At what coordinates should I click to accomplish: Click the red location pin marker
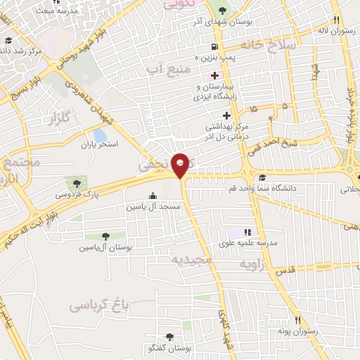pyautogui.click(x=181, y=164)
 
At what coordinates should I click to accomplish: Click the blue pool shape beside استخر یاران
pyautogui.click(x=101, y=134)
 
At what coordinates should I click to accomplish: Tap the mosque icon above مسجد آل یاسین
pyautogui.click(x=153, y=196)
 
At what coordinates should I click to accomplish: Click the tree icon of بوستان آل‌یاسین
pyautogui.click(x=105, y=236)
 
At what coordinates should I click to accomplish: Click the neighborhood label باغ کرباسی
pyautogui.click(x=101, y=304)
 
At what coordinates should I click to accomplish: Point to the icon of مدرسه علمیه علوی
pyautogui.click(x=247, y=232)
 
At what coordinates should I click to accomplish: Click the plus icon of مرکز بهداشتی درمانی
pyautogui.click(x=226, y=115)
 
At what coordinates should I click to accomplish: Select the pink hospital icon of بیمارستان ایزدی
pyautogui.click(x=214, y=75)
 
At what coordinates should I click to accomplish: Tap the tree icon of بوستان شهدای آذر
pyautogui.click(x=222, y=11)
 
